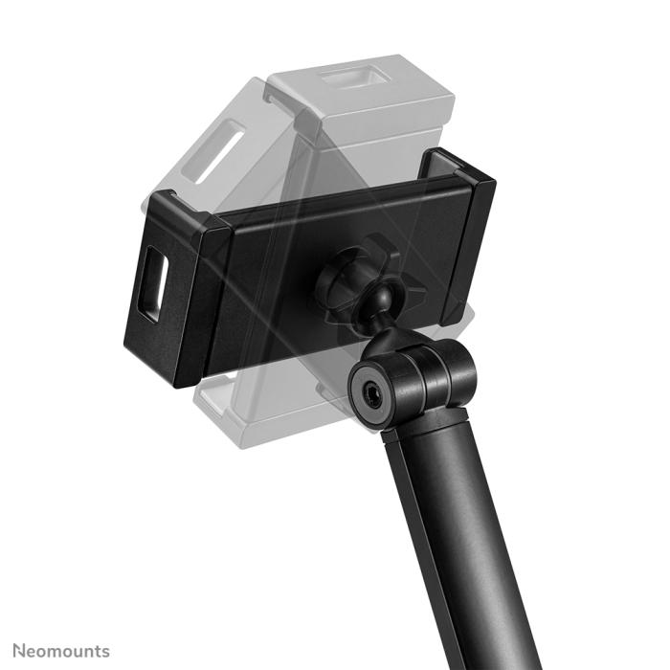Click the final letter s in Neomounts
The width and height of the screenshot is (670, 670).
(105, 652)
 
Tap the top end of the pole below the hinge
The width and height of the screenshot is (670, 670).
(416, 431)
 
